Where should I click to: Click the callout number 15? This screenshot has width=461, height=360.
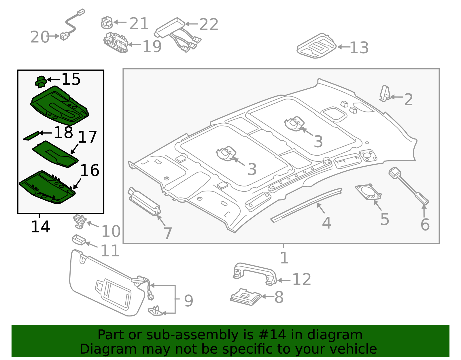click(71, 79)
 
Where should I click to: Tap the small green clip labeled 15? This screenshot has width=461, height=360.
click(41, 81)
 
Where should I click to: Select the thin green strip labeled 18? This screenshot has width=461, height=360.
click(31, 136)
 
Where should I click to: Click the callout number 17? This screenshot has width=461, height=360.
click(87, 137)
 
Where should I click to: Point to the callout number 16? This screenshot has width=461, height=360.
click(90, 171)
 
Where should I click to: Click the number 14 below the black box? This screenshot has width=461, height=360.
click(40, 227)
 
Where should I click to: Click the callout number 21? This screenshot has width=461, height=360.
click(139, 24)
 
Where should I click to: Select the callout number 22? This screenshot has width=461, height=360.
click(209, 24)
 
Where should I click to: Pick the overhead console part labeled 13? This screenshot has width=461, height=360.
click(317, 46)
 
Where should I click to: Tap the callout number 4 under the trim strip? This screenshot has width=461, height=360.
click(326, 223)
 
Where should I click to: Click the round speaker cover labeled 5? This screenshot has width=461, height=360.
click(369, 192)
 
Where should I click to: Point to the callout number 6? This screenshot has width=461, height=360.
click(425, 225)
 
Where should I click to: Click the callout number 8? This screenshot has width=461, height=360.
click(279, 297)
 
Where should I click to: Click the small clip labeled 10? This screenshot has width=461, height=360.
click(80, 221)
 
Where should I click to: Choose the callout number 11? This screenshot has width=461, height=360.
click(110, 251)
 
